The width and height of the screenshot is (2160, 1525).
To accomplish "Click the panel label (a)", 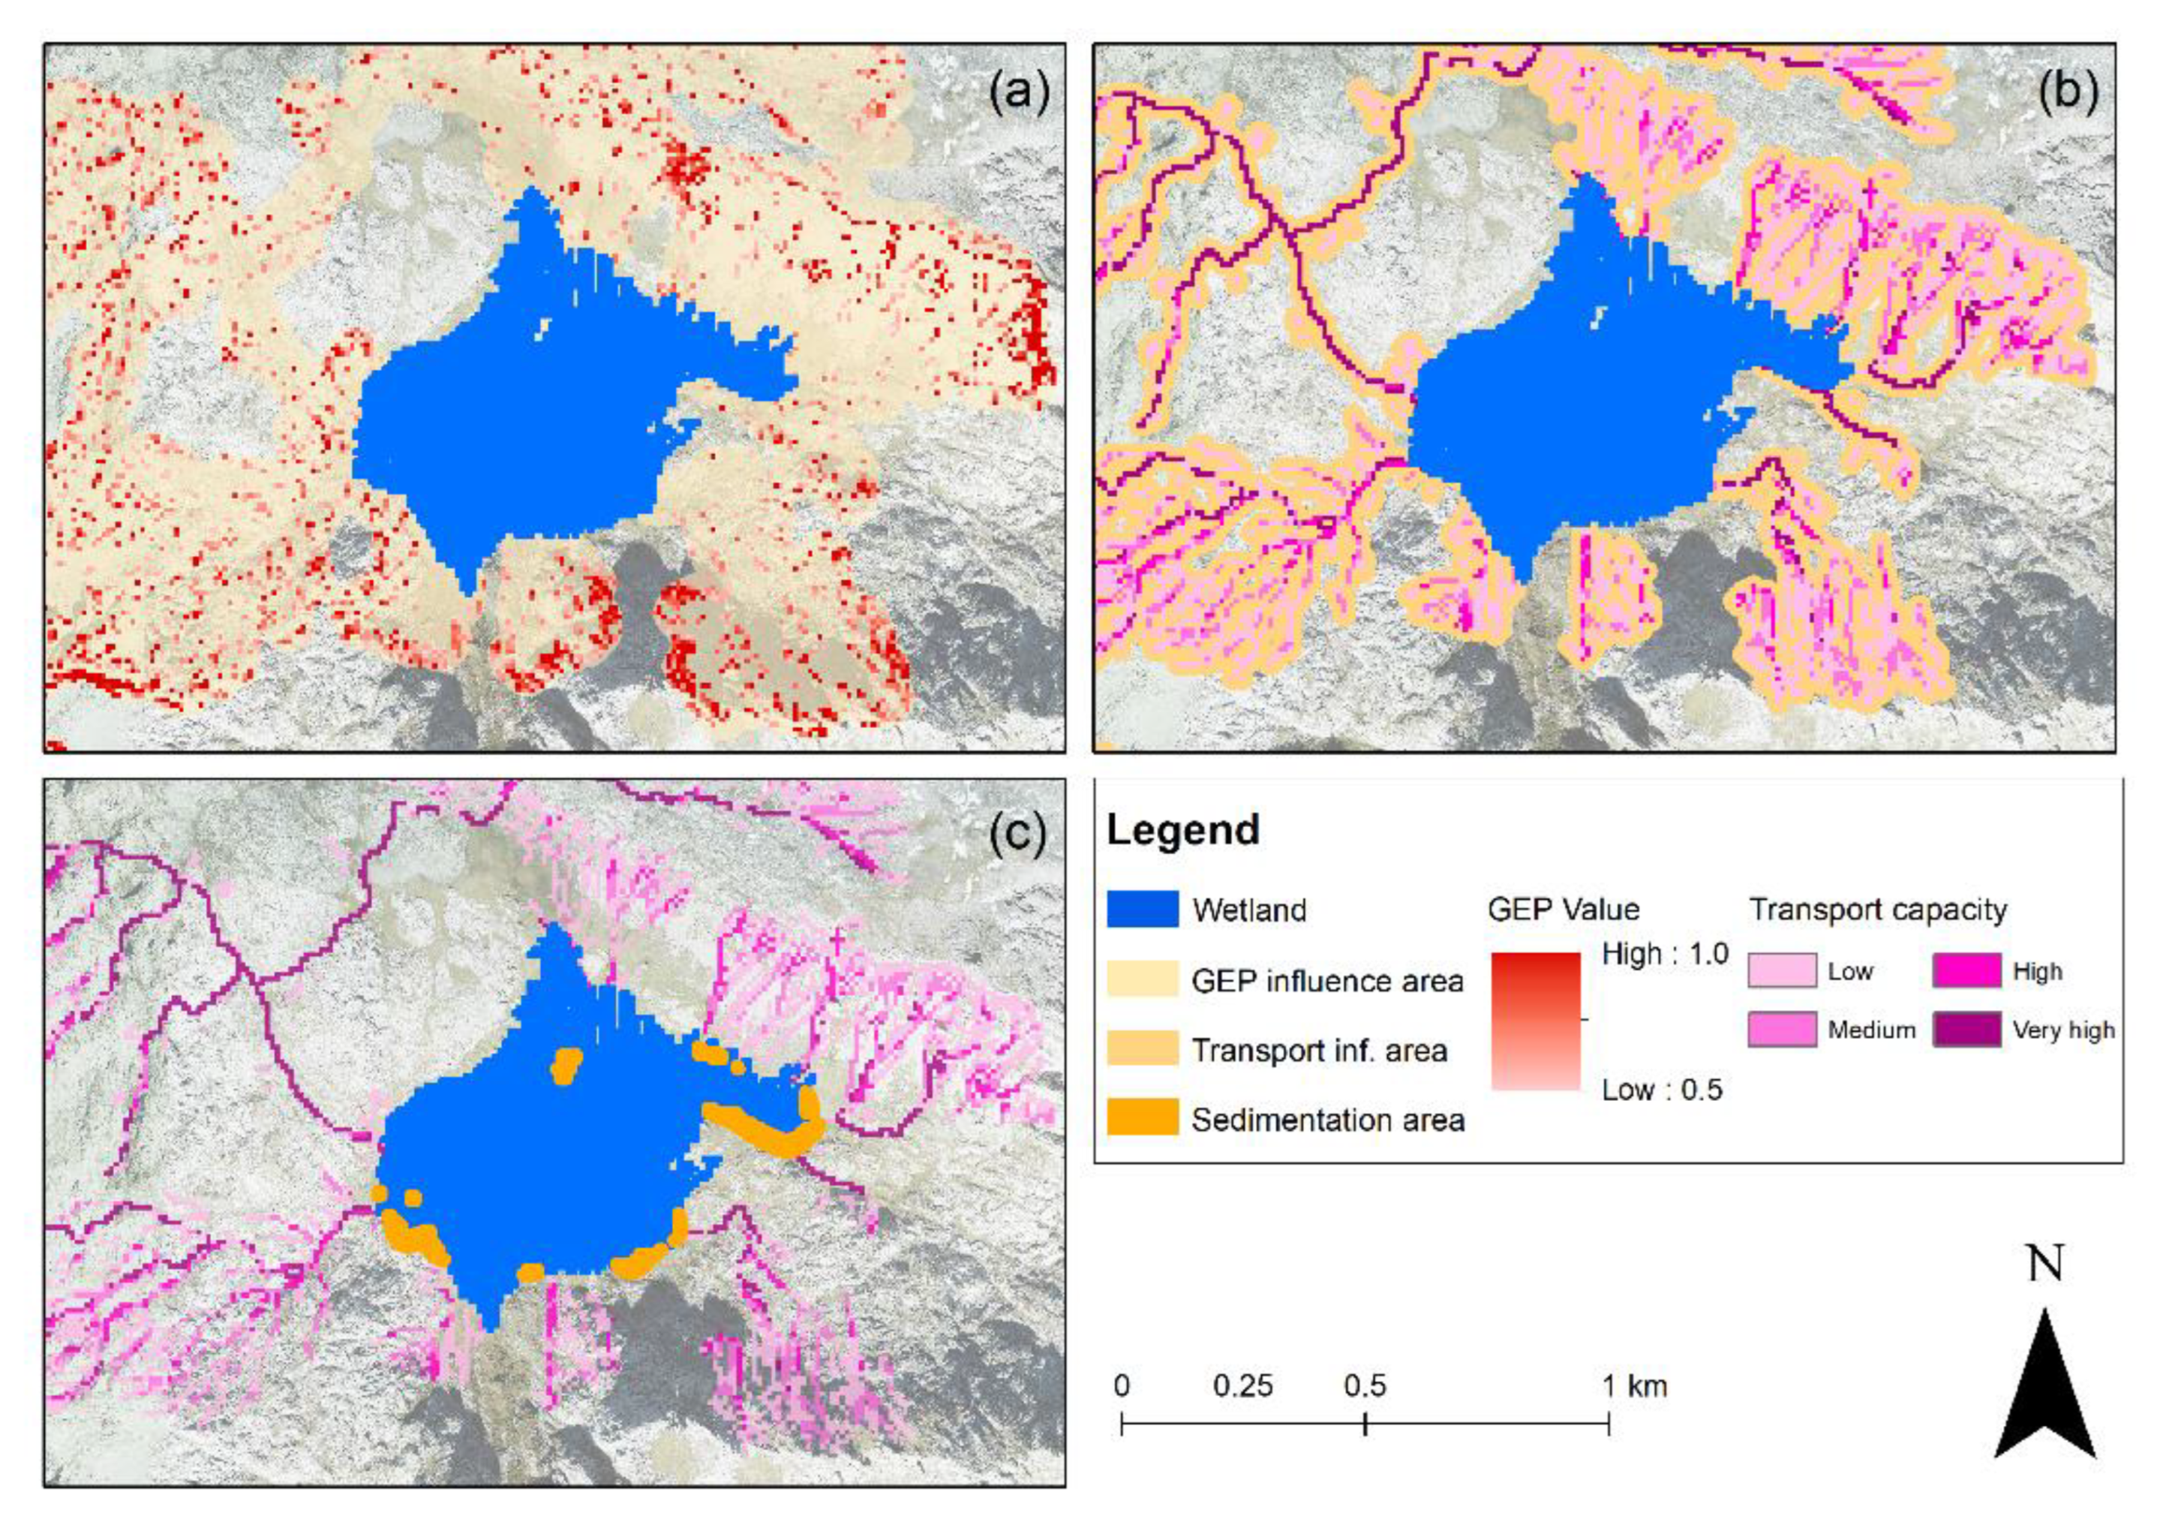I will [1018, 95].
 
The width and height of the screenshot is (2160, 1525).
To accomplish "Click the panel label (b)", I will [2067, 95].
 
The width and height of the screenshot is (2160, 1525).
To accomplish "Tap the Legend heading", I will [1182, 831].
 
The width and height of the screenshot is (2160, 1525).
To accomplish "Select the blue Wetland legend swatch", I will [1142, 910].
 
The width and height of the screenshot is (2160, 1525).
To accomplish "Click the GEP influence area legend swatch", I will [1142, 979].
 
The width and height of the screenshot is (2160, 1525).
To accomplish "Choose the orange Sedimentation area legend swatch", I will [1142, 1117].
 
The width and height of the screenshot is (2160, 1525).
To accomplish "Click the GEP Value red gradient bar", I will [1535, 1021].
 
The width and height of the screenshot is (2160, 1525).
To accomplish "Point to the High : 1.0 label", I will [1664, 954].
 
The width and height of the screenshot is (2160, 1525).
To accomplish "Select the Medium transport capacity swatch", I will [1782, 1029].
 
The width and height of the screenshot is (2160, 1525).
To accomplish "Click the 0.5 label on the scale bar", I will [1364, 1385].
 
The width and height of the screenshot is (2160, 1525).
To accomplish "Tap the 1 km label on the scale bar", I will [1635, 1385].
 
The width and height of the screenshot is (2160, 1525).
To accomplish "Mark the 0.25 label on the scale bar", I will [1242, 1385].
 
